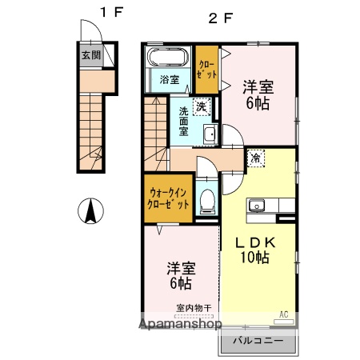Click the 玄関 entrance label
coord(90,55)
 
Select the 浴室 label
coord(168,80)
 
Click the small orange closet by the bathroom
coord(206,68)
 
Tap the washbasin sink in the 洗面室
coord(210,134)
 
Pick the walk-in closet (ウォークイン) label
coord(168,198)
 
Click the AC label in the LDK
coord(284,314)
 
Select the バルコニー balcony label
coord(254,340)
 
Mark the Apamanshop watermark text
coord(181,325)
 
